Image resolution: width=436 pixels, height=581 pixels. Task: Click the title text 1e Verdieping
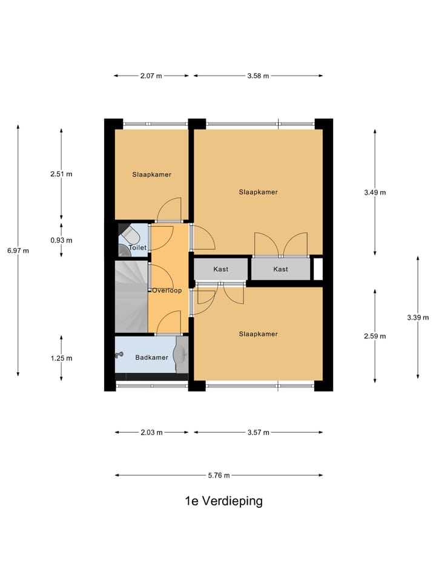(x=224, y=501)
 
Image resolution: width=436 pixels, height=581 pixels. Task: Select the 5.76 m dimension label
(x=219, y=475)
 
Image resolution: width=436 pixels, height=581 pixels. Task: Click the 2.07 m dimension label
(x=151, y=76)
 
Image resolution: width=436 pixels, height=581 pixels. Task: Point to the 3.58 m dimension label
(x=258, y=76)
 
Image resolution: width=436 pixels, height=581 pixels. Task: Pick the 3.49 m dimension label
(x=375, y=192)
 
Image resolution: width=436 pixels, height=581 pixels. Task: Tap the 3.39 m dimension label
(x=418, y=317)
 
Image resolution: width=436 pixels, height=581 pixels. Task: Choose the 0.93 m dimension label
(x=61, y=240)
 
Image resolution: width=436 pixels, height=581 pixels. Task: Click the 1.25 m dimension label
(x=61, y=358)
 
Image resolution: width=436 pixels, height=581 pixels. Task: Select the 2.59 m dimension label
(x=375, y=336)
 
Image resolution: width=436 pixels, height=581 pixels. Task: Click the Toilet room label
(x=138, y=248)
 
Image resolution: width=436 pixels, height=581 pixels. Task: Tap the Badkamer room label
(x=151, y=358)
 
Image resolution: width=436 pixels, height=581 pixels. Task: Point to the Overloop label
(x=167, y=290)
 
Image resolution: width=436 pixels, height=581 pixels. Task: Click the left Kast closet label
(x=220, y=269)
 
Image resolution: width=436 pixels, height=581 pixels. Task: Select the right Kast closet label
(x=280, y=269)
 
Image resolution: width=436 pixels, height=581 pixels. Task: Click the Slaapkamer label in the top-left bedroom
(x=151, y=174)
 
